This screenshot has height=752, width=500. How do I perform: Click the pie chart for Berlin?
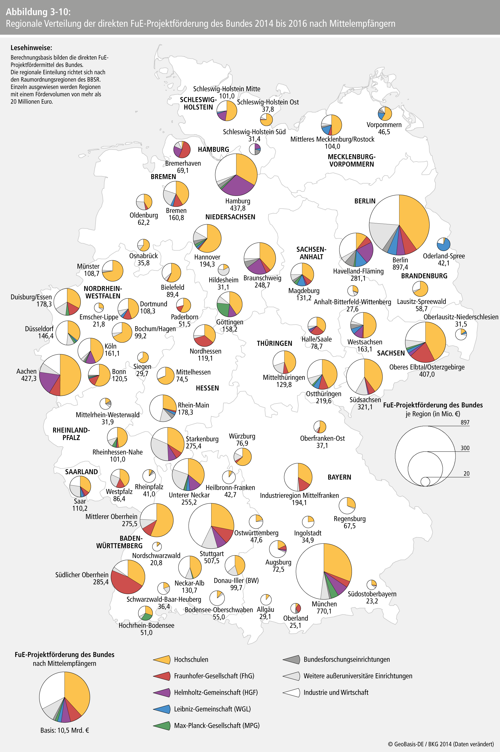399,225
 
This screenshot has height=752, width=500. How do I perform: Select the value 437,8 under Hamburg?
238,208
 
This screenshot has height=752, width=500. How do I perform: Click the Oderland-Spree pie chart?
443,244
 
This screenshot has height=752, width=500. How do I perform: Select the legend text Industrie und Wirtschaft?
336,692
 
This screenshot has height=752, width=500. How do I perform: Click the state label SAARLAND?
81,472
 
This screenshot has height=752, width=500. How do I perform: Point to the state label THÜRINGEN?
274,343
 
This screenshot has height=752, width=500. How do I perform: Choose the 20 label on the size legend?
466,474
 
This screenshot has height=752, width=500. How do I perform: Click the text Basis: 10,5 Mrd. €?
64,730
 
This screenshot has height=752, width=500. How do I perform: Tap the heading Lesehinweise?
31,48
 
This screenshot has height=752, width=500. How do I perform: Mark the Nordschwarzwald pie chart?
157,546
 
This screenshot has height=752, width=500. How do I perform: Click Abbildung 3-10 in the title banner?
38,12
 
